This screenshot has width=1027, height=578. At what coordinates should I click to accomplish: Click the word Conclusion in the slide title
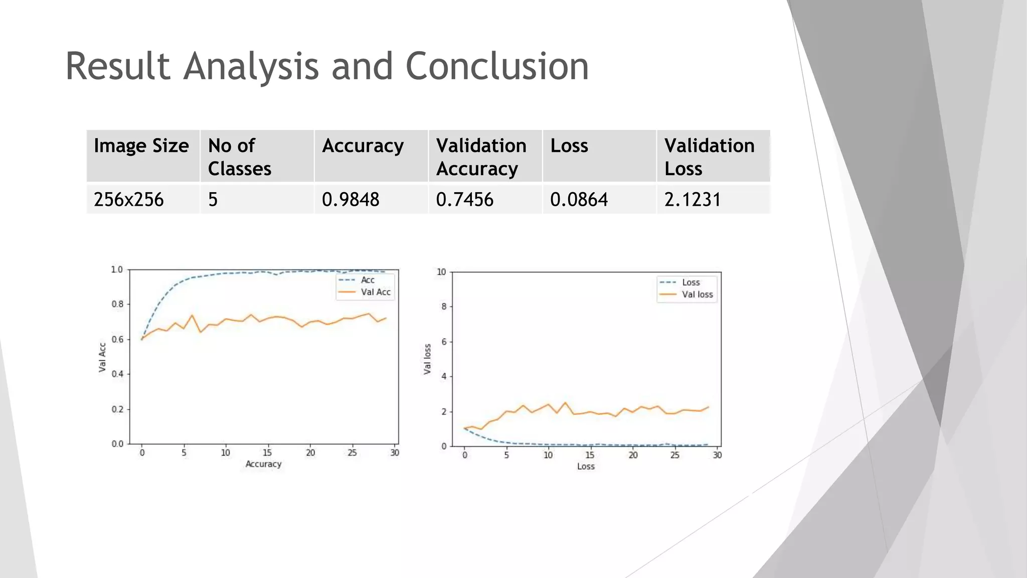click(x=496, y=66)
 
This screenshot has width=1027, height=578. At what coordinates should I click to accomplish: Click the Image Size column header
click(x=141, y=146)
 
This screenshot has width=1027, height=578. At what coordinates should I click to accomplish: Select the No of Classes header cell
click(x=240, y=157)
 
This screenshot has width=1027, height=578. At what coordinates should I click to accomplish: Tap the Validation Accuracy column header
click(x=481, y=157)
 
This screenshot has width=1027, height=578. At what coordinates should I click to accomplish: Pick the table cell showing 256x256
click(x=129, y=200)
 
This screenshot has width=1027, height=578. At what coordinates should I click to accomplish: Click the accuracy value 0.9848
click(x=351, y=200)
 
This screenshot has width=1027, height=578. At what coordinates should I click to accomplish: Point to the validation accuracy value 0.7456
click(x=465, y=200)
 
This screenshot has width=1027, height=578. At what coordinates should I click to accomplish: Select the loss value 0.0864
click(x=579, y=200)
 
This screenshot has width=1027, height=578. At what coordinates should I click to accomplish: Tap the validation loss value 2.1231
click(x=693, y=200)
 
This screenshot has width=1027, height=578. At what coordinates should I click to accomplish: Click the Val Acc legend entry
click(x=375, y=292)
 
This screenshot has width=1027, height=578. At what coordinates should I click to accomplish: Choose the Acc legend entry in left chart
click(x=368, y=280)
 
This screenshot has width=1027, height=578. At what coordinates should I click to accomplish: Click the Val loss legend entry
click(x=697, y=295)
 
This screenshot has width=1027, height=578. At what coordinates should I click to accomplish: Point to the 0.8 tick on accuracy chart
click(x=117, y=304)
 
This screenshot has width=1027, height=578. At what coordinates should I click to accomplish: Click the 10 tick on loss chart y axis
click(x=441, y=272)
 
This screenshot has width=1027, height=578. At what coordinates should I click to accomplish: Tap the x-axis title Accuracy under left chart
click(x=263, y=464)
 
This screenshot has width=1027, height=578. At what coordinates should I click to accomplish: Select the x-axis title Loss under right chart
click(x=586, y=466)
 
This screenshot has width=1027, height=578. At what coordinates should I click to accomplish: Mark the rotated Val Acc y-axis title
click(x=102, y=357)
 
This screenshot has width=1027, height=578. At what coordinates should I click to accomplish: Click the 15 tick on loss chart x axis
click(x=590, y=455)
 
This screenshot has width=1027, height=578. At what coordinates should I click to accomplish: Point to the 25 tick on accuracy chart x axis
click(x=352, y=453)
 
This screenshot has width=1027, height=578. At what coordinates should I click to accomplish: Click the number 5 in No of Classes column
click(x=213, y=200)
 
